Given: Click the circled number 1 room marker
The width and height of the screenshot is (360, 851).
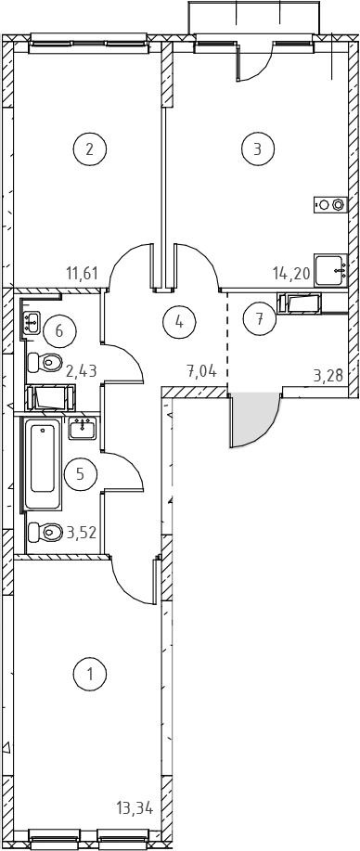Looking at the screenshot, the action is click(90, 674).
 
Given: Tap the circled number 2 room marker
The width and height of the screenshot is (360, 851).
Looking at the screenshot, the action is click(90, 148).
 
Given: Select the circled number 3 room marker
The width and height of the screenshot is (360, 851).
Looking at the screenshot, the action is click(258, 148).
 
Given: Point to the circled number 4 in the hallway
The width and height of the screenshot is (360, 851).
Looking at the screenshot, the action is click(179, 322).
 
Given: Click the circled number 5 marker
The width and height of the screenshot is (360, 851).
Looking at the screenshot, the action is click(81, 474).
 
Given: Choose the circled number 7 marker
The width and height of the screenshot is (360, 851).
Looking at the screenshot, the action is click(260, 318).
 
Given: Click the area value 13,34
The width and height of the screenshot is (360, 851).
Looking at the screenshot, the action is click(135, 808).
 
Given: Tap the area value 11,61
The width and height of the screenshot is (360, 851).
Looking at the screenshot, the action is click(82, 273).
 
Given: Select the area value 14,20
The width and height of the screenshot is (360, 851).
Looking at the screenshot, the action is click(291, 273).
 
